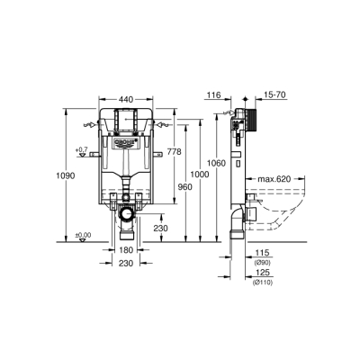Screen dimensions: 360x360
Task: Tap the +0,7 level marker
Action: point(81,149)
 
